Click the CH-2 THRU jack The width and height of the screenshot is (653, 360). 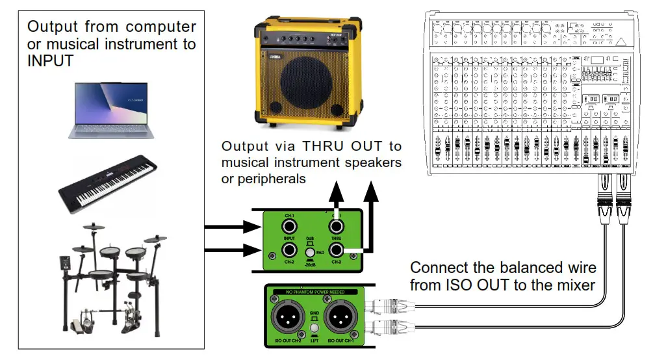336,251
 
